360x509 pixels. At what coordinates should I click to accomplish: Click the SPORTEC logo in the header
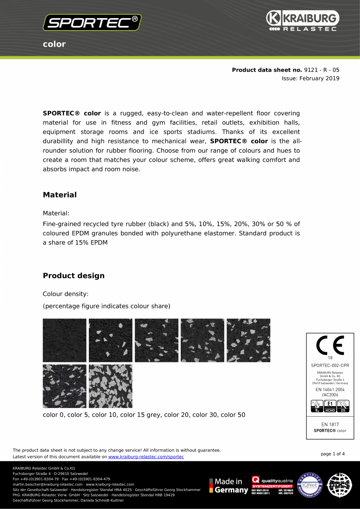click(x=92, y=23)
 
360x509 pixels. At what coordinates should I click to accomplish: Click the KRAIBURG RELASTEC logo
click(x=302, y=21)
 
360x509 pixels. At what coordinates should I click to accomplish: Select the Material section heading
click(x=59, y=195)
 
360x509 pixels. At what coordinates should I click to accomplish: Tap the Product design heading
click(x=74, y=276)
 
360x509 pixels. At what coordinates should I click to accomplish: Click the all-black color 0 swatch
click(x=65, y=340)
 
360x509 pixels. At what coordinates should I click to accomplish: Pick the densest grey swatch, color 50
click(x=110, y=386)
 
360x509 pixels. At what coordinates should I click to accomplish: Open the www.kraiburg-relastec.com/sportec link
click(x=146, y=457)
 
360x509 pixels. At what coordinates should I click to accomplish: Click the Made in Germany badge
click(x=229, y=486)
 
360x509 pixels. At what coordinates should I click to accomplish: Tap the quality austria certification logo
click(x=272, y=485)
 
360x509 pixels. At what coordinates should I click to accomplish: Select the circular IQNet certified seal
click(x=310, y=485)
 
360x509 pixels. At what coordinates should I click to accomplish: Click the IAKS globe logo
click(x=339, y=485)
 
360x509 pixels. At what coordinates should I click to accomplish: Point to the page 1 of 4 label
click(x=333, y=454)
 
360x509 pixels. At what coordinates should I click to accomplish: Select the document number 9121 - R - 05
click(x=322, y=70)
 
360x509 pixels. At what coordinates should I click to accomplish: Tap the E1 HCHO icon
click(x=330, y=406)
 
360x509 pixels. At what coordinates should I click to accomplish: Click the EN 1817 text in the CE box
click(x=330, y=424)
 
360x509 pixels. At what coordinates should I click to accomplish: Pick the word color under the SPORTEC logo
click(x=54, y=44)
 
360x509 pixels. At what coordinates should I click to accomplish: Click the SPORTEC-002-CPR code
click(x=330, y=365)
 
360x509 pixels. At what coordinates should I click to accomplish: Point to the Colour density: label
click(x=65, y=294)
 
